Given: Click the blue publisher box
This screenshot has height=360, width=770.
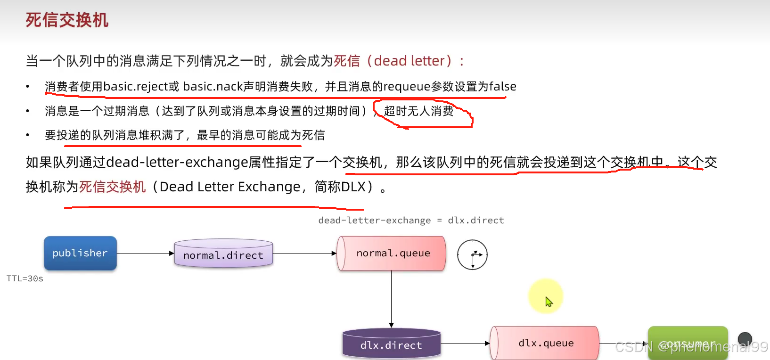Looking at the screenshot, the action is (80, 253).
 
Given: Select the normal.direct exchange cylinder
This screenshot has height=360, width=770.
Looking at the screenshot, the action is (223, 254).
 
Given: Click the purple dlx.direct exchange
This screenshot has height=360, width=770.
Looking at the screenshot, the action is (391, 344).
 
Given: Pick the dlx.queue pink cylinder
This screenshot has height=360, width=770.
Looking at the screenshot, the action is (545, 343).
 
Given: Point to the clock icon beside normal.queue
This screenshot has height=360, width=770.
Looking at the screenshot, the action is (472, 255).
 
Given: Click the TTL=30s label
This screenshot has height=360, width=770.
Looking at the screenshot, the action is (25, 278).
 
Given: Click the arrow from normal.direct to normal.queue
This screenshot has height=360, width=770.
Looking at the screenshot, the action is (304, 254).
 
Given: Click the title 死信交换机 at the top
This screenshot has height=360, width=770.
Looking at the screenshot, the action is (67, 20).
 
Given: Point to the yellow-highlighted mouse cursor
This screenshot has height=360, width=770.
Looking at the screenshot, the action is (548, 301).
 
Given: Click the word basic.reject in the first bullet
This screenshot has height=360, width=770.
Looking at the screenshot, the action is (136, 87).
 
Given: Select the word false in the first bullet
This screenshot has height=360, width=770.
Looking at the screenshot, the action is (502, 87).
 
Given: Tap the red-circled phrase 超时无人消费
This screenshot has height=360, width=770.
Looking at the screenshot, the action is (418, 111).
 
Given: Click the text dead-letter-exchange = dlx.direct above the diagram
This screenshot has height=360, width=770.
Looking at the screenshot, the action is (411, 220).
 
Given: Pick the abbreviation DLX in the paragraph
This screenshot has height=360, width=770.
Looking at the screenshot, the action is (353, 187).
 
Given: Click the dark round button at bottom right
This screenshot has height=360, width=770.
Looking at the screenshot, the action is (745, 338).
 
